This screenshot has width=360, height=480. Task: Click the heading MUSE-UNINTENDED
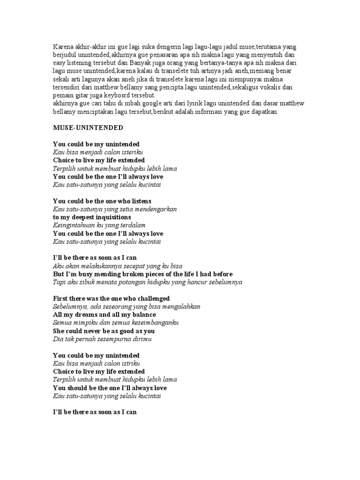point(88,127)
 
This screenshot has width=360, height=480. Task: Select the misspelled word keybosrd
point(123,95)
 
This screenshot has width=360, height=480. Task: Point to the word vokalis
point(270,87)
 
